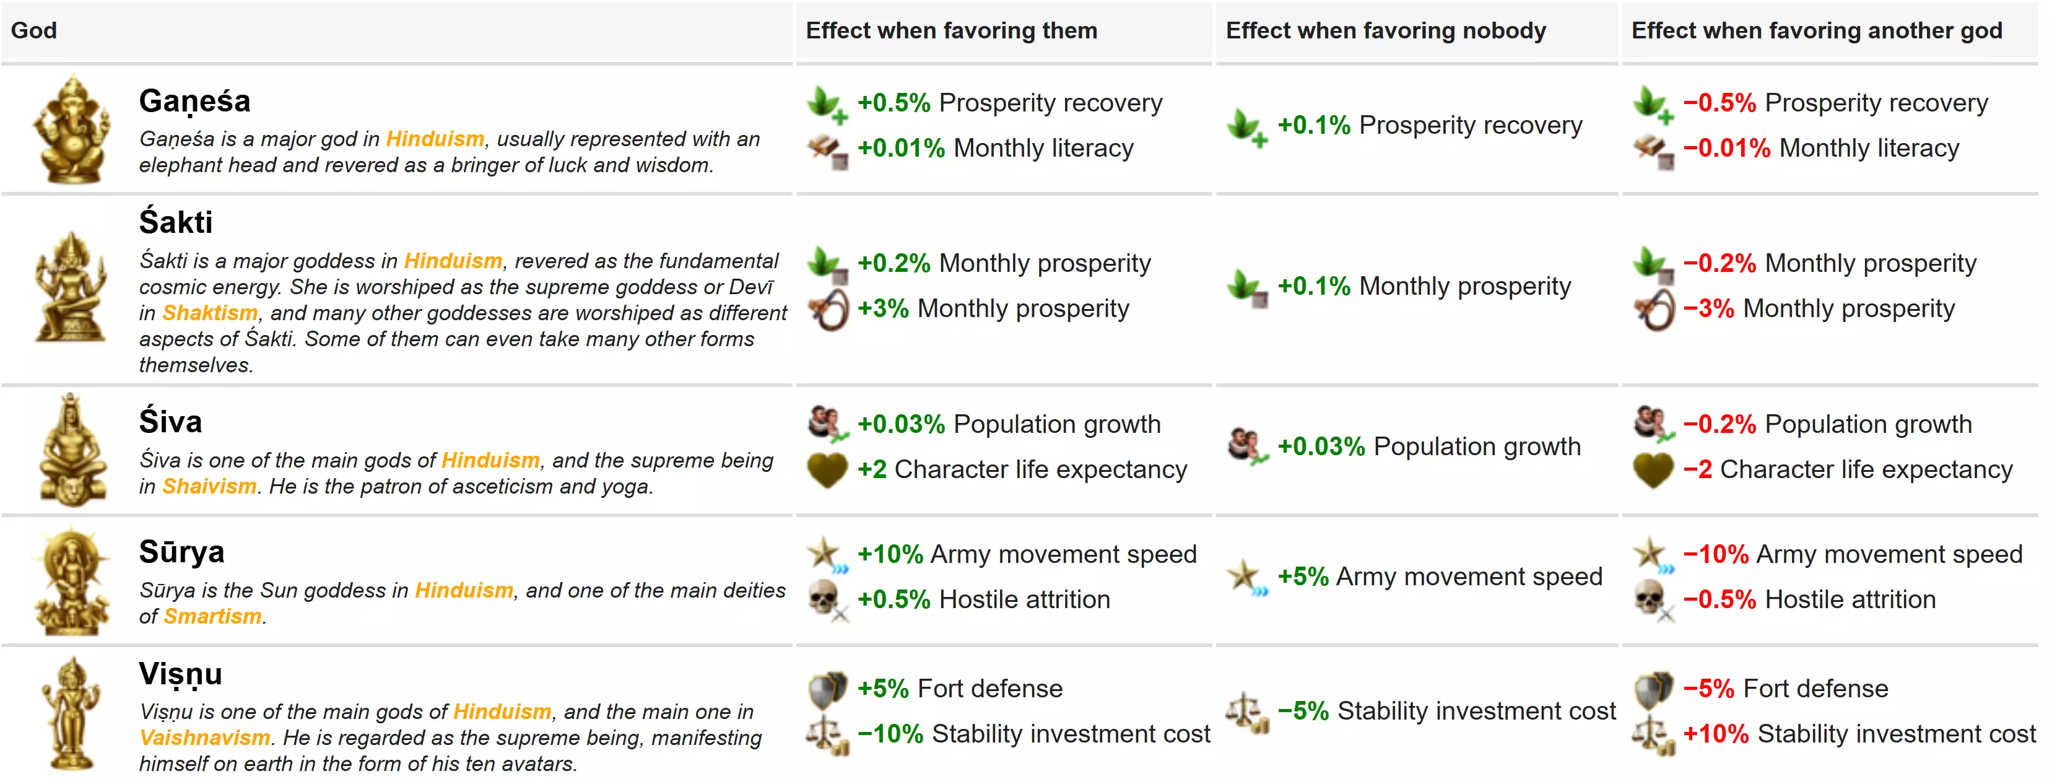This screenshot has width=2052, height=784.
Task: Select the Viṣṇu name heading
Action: click(180, 674)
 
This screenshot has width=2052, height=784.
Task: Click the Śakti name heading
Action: click(175, 222)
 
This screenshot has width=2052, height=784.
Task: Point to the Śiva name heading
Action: click(170, 422)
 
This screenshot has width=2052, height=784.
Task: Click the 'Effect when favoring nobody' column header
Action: click(1385, 30)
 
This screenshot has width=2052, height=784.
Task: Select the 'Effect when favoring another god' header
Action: click(1816, 30)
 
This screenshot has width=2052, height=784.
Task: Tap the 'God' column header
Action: click(33, 30)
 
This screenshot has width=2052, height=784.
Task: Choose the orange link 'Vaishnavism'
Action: click(205, 738)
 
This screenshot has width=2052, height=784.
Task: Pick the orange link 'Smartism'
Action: click(212, 616)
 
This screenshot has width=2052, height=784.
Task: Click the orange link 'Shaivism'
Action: click(209, 486)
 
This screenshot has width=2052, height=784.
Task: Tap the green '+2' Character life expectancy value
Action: click(871, 469)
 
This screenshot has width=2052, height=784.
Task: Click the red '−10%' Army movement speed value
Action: click(1715, 554)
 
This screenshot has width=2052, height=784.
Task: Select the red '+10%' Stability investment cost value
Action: click(1715, 734)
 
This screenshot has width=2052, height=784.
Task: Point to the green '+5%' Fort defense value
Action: click(882, 689)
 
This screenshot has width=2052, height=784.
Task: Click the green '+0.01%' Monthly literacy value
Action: click(900, 148)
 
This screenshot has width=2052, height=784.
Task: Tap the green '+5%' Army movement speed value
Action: click(1302, 576)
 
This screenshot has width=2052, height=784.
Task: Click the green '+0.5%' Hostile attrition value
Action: click(893, 599)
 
